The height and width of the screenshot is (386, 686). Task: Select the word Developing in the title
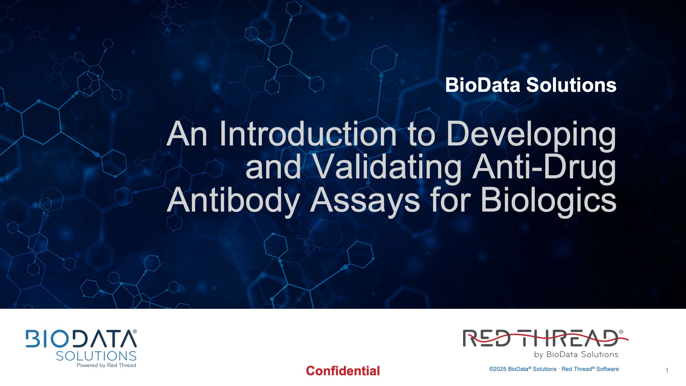[x=531, y=135]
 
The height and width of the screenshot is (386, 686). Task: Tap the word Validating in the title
[x=387, y=167]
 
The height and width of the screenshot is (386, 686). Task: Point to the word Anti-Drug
[x=544, y=167]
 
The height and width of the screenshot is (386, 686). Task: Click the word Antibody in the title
[x=233, y=200]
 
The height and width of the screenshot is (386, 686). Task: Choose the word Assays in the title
[x=365, y=200]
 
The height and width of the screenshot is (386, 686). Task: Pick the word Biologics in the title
[x=548, y=201]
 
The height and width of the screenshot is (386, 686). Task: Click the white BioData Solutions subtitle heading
[x=531, y=85]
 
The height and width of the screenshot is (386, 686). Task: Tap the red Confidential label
[x=343, y=371]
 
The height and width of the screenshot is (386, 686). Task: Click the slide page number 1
[x=667, y=371]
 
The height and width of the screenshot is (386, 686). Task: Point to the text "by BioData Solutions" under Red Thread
[x=576, y=355]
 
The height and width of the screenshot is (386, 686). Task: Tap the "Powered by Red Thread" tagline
[x=106, y=365]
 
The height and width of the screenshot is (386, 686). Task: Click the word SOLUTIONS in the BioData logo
[x=96, y=356]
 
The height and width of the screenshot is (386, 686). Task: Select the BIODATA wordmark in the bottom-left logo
[x=80, y=339]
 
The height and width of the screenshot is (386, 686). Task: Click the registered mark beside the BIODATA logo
[x=135, y=332]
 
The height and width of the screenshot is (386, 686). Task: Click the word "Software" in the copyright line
[x=607, y=369]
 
